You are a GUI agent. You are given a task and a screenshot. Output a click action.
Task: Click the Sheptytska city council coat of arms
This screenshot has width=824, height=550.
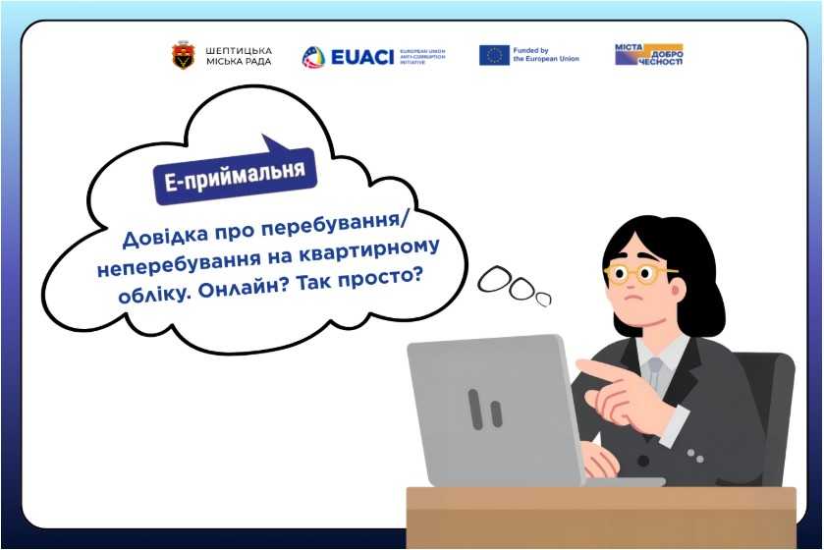183,56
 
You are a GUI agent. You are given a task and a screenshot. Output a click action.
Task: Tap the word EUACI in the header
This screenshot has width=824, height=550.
361,56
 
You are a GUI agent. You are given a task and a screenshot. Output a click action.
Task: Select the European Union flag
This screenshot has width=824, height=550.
494,55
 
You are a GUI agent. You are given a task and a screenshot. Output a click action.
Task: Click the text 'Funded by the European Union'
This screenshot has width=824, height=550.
546,55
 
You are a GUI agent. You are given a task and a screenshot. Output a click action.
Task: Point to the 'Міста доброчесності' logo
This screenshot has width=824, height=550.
648,55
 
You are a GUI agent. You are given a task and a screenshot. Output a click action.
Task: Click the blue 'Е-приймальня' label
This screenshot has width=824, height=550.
236,175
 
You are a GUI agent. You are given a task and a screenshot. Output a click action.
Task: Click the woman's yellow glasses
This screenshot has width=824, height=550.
638,272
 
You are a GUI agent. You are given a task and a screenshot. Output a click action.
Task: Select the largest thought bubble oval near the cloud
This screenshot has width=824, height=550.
494,282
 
